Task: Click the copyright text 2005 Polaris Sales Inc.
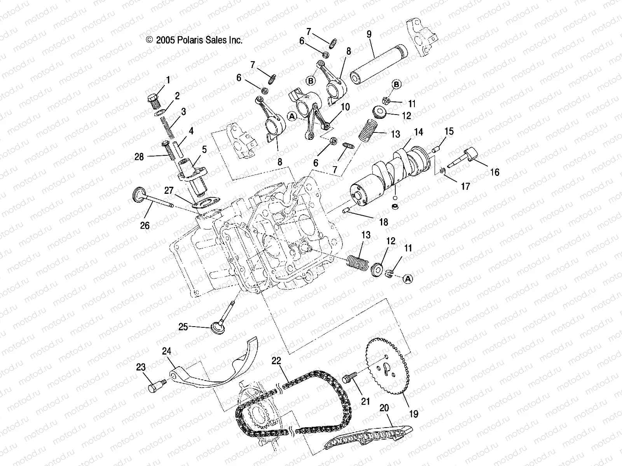194,40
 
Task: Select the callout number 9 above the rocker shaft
369,34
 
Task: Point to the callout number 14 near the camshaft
418,132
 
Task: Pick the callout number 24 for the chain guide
166,352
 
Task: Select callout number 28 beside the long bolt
139,157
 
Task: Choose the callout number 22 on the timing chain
276,361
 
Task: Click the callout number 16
494,172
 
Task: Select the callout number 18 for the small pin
383,222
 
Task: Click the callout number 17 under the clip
465,187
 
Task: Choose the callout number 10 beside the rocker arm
346,107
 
